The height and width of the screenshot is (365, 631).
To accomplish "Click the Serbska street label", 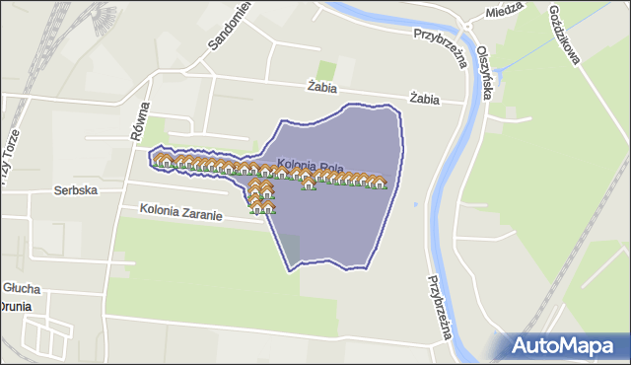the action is click(x=75, y=190).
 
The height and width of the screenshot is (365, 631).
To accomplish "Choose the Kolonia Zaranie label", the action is click(x=180, y=210).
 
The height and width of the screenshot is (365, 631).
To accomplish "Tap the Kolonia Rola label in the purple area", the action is click(x=310, y=165).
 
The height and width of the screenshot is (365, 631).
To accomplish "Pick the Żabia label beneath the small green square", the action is click(x=322, y=86).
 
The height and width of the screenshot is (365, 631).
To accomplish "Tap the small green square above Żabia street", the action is click(x=326, y=70).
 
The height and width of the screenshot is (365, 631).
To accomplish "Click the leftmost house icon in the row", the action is click(x=160, y=159).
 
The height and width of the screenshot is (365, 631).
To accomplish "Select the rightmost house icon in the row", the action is click(x=379, y=182).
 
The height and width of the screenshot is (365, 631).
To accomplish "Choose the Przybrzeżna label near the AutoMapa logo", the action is click(x=440, y=306).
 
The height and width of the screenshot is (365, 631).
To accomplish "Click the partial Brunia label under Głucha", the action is click(x=16, y=307).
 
